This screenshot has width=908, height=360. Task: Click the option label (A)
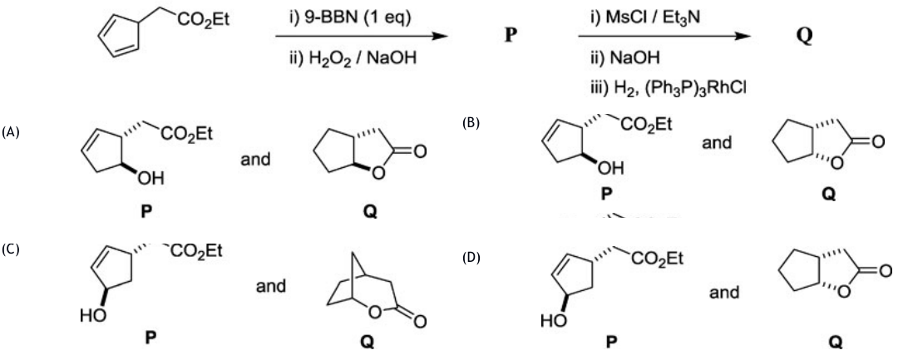[x=11, y=132]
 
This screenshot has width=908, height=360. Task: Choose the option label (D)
[x=471, y=257]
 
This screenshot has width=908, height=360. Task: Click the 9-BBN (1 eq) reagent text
[x=350, y=18]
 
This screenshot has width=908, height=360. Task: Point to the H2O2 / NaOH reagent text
[x=353, y=58]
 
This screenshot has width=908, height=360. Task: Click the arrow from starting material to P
[x=362, y=37]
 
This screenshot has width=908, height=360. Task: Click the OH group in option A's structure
[x=150, y=178]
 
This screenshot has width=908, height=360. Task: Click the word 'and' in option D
[x=724, y=293]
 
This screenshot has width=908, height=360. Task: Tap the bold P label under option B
[x=605, y=194]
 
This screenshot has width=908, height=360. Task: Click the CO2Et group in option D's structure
[x=657, y=259]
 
